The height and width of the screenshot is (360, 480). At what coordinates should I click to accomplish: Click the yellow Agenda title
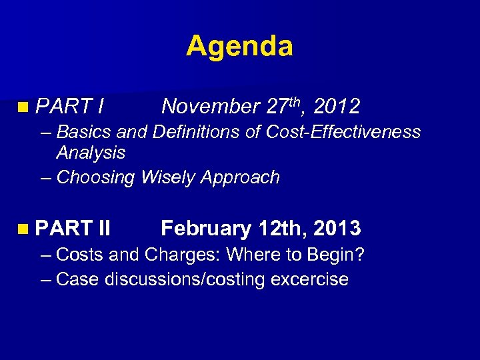coord(239,46)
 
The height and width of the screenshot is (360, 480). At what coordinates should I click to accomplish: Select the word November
coord(210,107)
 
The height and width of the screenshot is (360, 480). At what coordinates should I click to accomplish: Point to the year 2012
coord(337,107)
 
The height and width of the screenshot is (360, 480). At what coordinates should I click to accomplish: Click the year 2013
coord(337,229)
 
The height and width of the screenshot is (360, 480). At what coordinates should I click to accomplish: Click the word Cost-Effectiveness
coord(343,132)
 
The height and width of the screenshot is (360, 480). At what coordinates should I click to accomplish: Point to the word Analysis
coord(91,153)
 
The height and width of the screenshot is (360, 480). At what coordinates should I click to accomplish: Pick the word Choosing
coord(95,178)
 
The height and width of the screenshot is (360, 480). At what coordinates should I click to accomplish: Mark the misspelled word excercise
coord(310,279)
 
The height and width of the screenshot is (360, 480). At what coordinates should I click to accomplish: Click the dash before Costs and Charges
coord(45,255)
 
